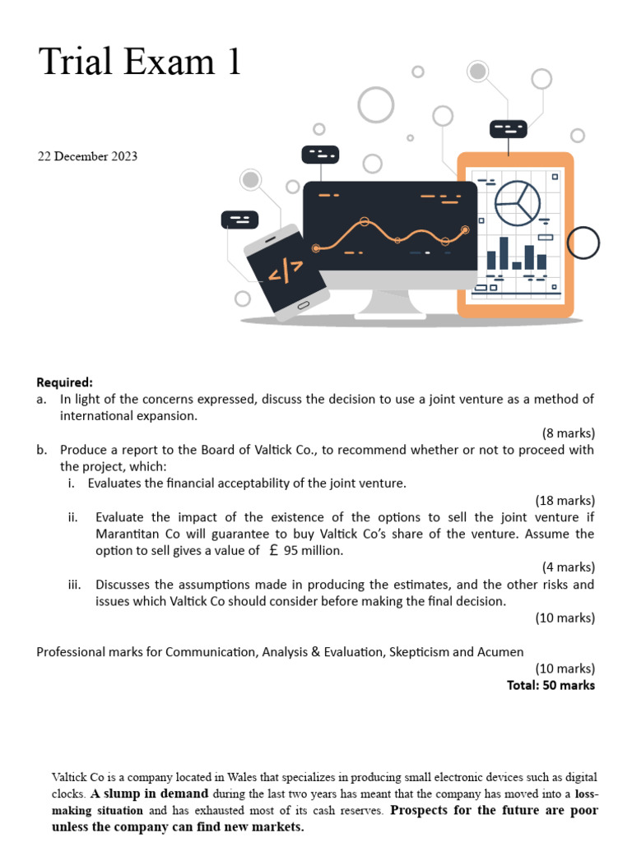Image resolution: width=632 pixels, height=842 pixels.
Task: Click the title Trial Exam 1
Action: click(x=140, y=62)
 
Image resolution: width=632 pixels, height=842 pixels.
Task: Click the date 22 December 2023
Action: click(x=88, y=156)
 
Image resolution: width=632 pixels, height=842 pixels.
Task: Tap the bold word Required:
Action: click(x=65, y=382)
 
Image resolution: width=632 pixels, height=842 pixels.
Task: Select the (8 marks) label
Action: click(x=568, y=433)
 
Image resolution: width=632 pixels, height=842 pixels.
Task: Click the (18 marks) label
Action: click(x=565, y=500)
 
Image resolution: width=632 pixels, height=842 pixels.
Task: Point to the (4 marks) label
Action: click(x=568, y=567)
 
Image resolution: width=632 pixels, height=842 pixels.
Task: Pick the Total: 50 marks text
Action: click(x=551, y=685)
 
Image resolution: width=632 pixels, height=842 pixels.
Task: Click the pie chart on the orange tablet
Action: click(x=518, y=203)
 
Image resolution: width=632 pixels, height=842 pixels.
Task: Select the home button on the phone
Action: click(x=303, y=306)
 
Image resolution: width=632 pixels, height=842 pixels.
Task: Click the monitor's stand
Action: click(x=389, y=303)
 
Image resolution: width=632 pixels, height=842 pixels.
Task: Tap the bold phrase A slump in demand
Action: click(x=149, y=794)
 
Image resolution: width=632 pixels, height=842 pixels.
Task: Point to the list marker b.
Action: click(x=41, y=450)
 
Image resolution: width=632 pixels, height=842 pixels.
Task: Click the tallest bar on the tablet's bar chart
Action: click(x=504, y=252)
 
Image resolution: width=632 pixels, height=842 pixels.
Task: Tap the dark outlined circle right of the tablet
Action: click(x=583, y=243)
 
